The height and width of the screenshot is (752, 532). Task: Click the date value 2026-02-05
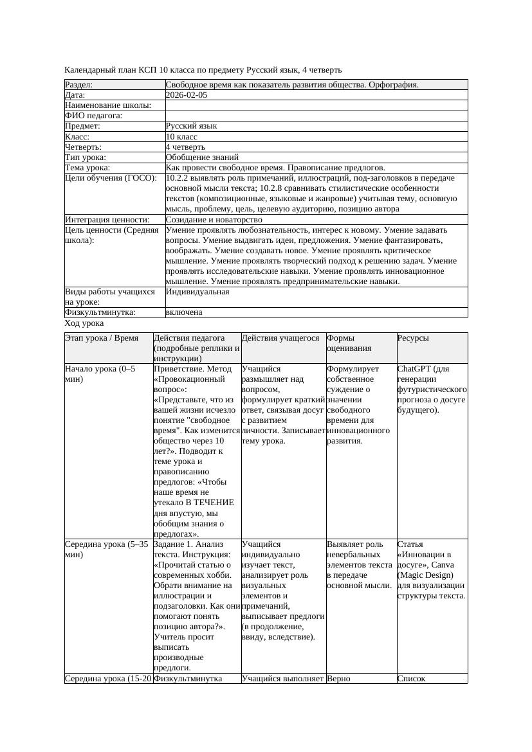pos(187,95)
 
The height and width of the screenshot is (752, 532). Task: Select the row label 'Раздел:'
pos(79,85)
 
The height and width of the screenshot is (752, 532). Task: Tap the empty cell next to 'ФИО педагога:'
pos(316,116)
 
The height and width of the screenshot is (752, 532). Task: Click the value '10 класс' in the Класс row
pos(181,137)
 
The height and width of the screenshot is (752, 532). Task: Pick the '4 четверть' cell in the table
pos(185,147)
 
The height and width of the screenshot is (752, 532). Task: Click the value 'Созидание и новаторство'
pos(214,220)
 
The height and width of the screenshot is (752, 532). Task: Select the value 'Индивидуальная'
pos(197,292)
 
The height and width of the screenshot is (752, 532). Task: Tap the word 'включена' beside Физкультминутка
pos(184,312)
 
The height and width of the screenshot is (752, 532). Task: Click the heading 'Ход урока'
pos(84,324)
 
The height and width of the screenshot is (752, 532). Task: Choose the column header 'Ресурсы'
pos(413,338)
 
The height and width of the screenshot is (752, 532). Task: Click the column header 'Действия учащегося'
pos(280,338)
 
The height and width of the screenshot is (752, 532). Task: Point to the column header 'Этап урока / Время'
pos(102,338)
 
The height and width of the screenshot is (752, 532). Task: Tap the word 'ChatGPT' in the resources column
pos(414,370)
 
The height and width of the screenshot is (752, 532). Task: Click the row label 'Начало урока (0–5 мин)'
pos(100,374)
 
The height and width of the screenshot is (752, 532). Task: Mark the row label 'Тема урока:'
pos(88,168)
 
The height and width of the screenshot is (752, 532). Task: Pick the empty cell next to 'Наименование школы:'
pos(316,105)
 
